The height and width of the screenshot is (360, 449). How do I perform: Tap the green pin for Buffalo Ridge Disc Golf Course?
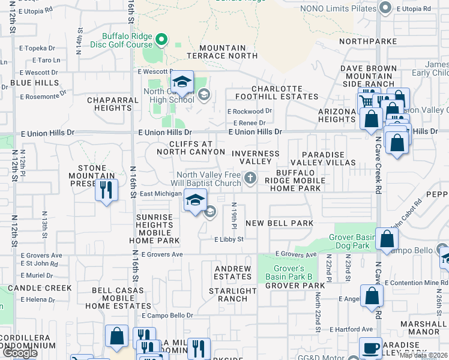161,40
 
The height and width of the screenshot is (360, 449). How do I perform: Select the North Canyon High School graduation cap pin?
182,83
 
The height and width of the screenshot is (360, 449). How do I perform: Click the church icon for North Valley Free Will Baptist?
250,178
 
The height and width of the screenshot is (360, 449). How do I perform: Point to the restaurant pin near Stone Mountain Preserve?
106,191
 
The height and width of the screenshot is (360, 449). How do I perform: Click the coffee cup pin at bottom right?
370,348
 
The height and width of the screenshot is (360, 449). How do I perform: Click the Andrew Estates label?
233,273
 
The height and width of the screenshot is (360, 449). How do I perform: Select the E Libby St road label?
229,239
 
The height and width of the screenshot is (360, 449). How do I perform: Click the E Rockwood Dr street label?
250,111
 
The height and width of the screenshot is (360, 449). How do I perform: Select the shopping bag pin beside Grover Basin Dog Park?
387,239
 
